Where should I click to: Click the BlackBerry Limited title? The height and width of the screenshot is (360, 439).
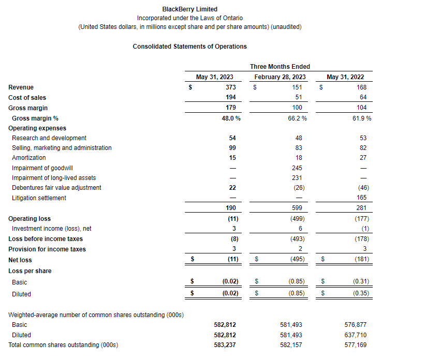(x=189, y=9)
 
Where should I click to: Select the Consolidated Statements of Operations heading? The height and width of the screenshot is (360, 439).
(x=189, y=47)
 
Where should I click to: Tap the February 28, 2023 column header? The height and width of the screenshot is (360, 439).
(x=280, y=77)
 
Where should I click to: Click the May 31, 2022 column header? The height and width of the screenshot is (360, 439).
(x=345, y=77)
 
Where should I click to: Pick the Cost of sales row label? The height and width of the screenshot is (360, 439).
(x=27, y=98)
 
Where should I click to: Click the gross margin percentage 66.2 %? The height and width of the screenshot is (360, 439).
(x=297, y=118)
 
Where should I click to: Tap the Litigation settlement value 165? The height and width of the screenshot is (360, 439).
(x=361, y=198)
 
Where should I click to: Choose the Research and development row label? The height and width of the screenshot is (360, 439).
(x=49, y=138)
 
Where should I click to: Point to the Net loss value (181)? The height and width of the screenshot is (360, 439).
(x=361, y=260)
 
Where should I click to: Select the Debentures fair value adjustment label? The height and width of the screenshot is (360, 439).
(x=56, y=188)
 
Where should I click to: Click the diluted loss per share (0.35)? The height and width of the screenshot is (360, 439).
(x=360, y=294)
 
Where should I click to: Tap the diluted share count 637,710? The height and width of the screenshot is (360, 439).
(x=355, y=335)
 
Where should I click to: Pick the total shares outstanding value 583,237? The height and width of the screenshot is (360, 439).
(x=225, y=345)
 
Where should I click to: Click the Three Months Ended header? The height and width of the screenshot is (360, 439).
(x=280, y=67)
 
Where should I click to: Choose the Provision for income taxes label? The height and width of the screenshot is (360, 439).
(x=47, y=249)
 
